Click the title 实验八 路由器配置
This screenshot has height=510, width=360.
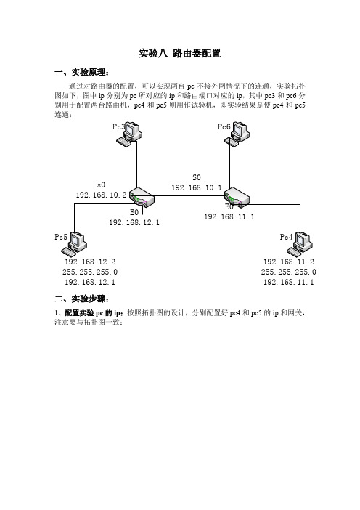(x=180, y=53)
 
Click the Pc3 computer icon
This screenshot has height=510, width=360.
(x=129, y=134)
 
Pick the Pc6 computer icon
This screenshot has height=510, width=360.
(x=237, y=134)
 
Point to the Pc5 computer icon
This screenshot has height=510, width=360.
(x=74, y=244)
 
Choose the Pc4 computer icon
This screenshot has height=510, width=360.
(x=300, y=244)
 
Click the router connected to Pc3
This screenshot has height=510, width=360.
(x=142, y=197)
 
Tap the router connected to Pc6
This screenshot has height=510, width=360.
(x=237, y=197)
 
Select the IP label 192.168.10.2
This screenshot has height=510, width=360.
(x=101, y=195)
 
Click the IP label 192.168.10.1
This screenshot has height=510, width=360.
(x=197, y=187)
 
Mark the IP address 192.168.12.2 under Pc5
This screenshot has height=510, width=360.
(x=90, y=262)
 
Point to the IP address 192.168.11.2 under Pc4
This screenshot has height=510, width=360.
(x=289, y=262)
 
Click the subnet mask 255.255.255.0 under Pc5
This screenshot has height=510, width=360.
(x=90, y=272)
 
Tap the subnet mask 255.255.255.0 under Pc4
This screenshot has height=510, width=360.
(x=289, y=272)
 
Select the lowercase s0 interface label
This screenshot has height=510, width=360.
(x=101, y=185)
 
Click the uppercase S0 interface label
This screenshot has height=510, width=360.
(x=197, y=177)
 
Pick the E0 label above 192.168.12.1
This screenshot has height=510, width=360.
(x=134, y=212)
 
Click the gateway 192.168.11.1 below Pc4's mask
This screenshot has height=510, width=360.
(x=289, y=282)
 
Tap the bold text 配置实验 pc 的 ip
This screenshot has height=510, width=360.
(x=93, y=313)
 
